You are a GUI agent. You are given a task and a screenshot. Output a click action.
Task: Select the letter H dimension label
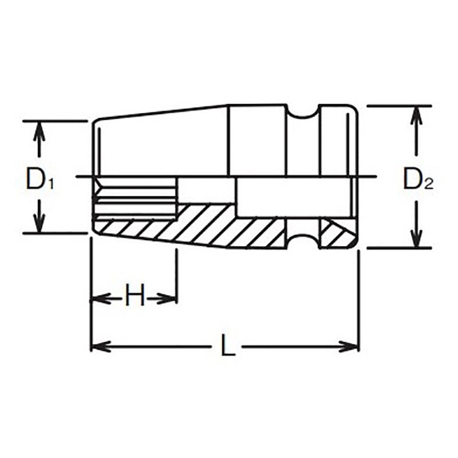click(x=134, y=298)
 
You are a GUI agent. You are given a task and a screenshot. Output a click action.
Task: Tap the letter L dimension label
click(x=228, y=348)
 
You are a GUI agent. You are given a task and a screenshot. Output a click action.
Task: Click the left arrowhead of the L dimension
click(x=101, y=346)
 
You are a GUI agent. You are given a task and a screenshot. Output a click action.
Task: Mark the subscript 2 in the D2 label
click(x=428, y=184)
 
